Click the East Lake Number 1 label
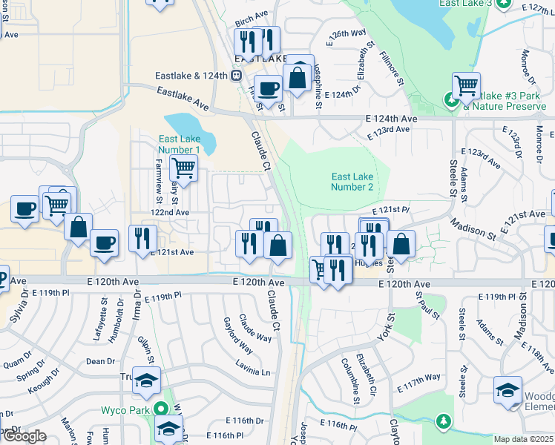(179, 145)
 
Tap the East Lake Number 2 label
(352, 182)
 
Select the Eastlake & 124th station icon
(237, 75)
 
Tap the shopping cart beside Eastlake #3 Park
(466, 85)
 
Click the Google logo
(24, 436)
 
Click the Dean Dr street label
(100, 361)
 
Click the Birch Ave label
(251, 16)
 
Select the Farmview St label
(159, 180)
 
